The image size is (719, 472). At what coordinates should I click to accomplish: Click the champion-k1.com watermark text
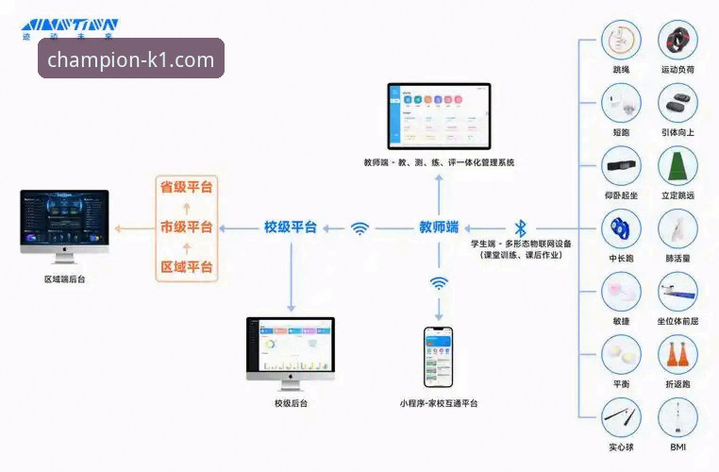click(x=131, y=59)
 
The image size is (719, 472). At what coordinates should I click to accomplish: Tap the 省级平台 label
click(x=185, y=187)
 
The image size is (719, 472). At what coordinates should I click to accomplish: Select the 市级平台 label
click(x=185, y=227)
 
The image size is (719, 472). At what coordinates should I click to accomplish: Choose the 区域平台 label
click(x=185, y=267)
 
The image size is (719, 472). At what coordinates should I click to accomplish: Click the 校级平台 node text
click(x=290, y=227)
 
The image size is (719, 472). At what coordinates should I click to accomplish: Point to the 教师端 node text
click(x=439, y=227)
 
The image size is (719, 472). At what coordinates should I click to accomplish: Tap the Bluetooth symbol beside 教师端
click(x=520, y=228)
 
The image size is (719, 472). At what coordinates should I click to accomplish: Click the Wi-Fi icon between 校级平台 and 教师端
click(x=359, y=228)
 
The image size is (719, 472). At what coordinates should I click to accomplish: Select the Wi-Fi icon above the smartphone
click(x=439, y=282)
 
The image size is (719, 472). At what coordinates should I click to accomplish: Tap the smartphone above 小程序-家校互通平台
click(x=438, y=357)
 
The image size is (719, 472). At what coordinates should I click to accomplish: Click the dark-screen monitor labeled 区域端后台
click(x=64, y=224)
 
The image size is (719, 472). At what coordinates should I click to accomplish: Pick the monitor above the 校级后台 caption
click(x=290, y=349)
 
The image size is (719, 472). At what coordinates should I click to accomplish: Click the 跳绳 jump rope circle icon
click(x=621, y=42)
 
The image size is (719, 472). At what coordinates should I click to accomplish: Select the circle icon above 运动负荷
click(x=677, y=42)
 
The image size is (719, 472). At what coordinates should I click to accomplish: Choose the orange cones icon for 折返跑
click(x=677, y=355)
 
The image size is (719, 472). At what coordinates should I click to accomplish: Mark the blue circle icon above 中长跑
click(x=621, y=228)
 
